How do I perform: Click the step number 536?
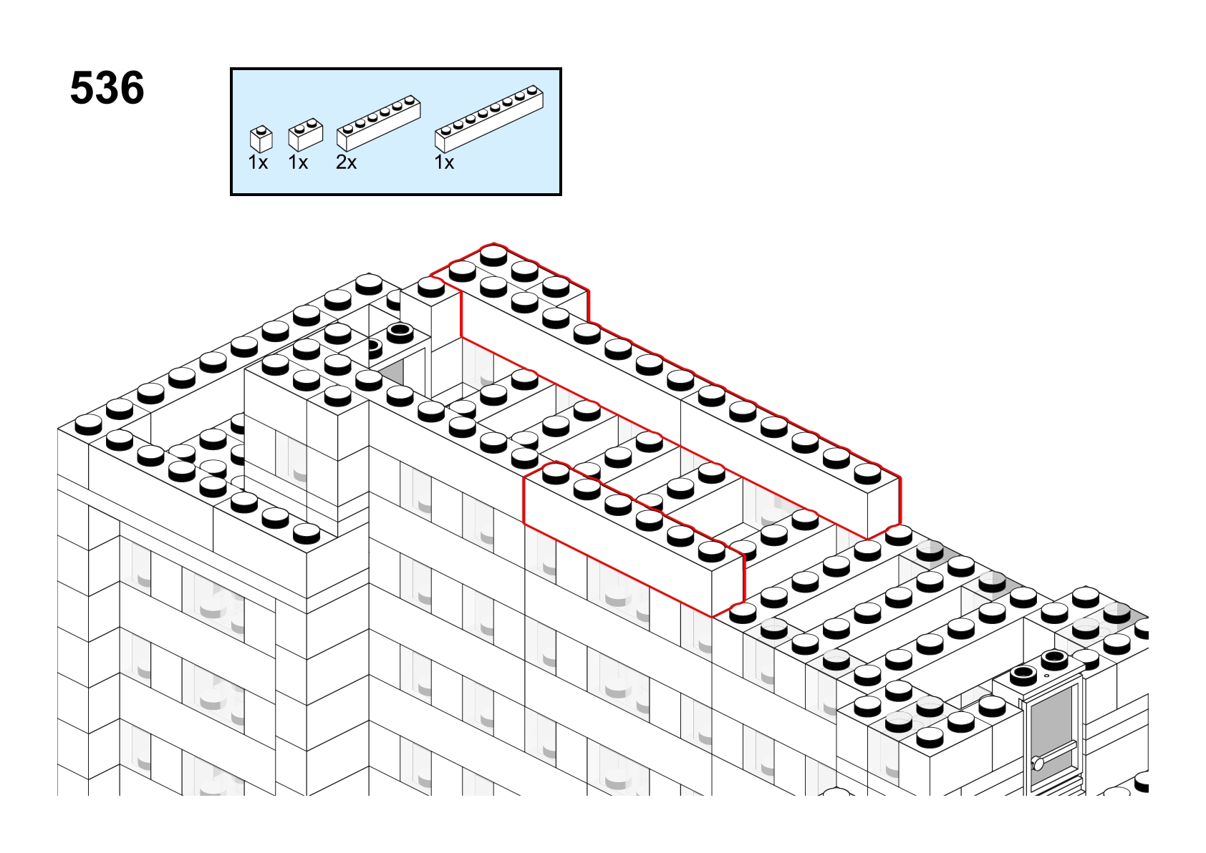click(107, 88)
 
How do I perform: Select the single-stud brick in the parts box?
click(261, 139)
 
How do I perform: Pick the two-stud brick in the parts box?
click(305, 134)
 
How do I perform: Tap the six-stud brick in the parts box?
click(379, 123)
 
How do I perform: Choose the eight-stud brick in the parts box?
click(489, 118)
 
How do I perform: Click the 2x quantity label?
click(346, 162)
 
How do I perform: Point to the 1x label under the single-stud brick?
click(258, 162)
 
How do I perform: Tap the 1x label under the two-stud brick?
click(298, 162)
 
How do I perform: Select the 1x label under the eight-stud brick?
click(444, 162)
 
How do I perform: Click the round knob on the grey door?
click(1038, 763)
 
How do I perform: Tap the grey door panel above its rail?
click(1052, 718)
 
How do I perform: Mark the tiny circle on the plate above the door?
click(1046, 676)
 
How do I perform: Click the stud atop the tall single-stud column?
click(430, 286)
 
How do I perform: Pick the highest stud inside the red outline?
click(493, 254)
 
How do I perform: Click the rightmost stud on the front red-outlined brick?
click(712, 550)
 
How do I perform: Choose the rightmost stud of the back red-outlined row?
click(867, 473)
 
